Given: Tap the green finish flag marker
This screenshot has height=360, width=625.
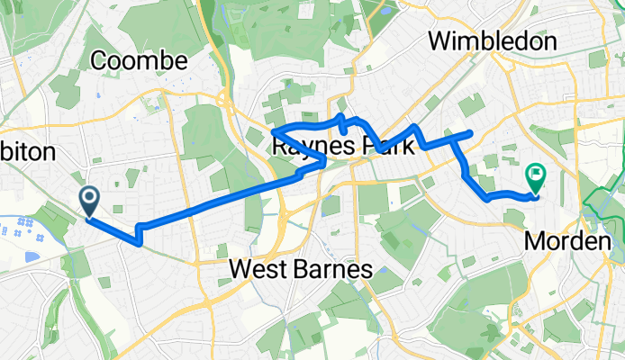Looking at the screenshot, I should pos(536,175).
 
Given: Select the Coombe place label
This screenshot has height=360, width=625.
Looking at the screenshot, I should pos(139,61).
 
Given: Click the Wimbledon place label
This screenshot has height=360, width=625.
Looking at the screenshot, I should pos(493,40).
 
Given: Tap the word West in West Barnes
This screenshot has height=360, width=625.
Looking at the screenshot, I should pos(258,268).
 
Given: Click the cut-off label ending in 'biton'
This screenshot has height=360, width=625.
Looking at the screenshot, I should pos(27,150).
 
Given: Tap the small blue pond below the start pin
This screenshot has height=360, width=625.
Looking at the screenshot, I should pos(33,256).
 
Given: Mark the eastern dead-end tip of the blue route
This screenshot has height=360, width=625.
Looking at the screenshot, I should pos(471,134).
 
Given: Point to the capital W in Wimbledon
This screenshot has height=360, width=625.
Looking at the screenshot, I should pos(441,40).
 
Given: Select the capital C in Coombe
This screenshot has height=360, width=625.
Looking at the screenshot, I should pos(100,61).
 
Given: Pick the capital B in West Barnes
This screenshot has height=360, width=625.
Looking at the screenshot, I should pos(300,268).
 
